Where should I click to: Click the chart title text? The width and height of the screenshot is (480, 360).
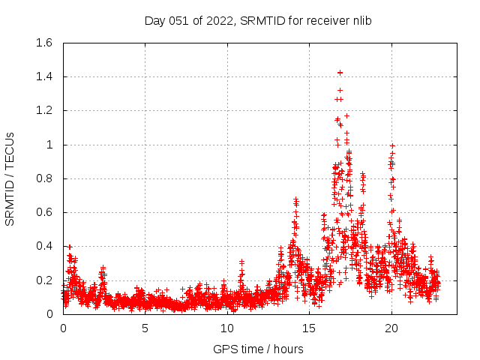click(x=258, y=20)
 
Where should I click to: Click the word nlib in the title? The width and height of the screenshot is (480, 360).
click(x=360, y=20)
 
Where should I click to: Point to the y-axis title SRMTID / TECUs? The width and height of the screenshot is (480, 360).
click(x=10, y=178)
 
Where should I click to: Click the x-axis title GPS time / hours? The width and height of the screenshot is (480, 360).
click(x=258, y=349)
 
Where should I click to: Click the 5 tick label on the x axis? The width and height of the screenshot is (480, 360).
click(x=145, y=328)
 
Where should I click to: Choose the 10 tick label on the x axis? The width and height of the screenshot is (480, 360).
click(x=227, y=328)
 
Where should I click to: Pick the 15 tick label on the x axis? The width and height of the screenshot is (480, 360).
click(x=309, y=328)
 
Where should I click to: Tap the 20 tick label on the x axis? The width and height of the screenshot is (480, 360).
click(x=391, y=328)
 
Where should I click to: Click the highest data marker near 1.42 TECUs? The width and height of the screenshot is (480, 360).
click(x=340, y=73)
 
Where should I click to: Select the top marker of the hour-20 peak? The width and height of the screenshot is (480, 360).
click(x=391, y=145)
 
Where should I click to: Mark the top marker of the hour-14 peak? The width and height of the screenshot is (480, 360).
click(x=295, y=199)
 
